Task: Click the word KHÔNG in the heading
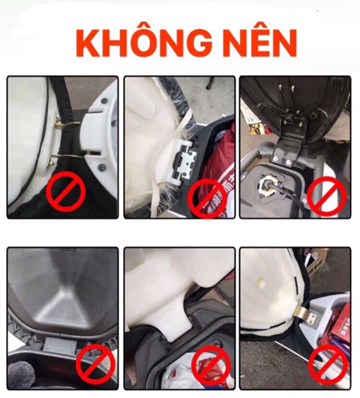(x=144, y=44)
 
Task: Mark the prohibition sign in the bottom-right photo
(x=328, y=364)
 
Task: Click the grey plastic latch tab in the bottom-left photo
(x=60, y=345)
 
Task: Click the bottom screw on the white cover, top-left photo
(x=102, y=167)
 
